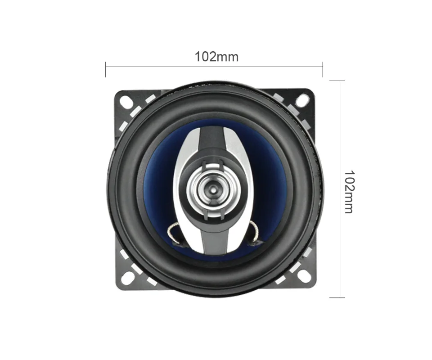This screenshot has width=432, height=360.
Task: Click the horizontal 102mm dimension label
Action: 216,57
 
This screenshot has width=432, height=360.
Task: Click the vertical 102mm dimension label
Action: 349,192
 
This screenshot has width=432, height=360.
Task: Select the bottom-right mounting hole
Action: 302,276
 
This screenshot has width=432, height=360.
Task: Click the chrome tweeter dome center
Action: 212,189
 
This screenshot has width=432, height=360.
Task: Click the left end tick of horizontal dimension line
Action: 105,69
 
